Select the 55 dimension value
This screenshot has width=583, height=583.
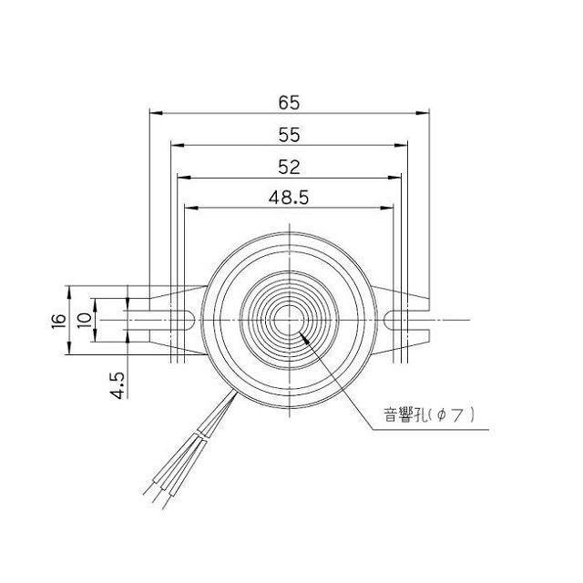289,134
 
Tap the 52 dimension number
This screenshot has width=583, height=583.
289,166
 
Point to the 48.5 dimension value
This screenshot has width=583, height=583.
289,197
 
